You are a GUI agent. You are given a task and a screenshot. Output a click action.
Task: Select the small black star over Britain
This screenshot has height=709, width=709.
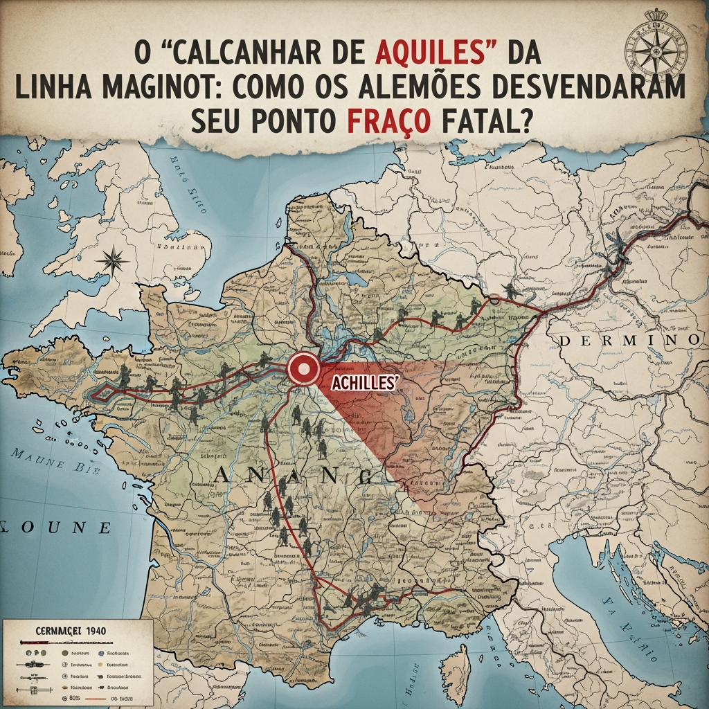pyautogui.click(x=112, y=260)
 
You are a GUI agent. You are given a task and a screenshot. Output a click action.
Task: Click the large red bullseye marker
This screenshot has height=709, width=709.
pyautogui.click(x=303, y=368)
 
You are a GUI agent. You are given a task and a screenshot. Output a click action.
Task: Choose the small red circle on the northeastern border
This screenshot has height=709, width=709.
pyautogui.click(x=494, y=300)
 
